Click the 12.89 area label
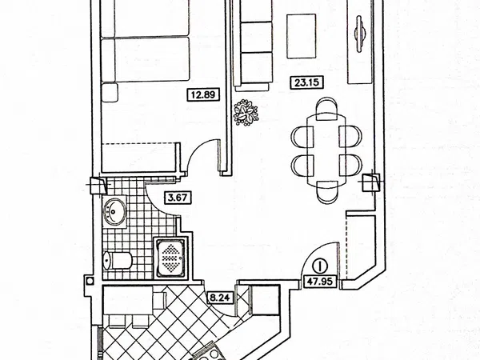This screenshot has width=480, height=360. point(203,94)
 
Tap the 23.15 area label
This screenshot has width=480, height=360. point(306,82)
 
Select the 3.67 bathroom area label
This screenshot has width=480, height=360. point(178,198)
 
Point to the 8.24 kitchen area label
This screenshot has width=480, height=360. point(220,298)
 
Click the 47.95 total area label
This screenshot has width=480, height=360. point(320,282)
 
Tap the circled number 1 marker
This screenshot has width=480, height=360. point(320,266)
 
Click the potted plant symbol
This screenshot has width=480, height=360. point(246,112)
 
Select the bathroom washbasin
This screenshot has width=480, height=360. point(114,211)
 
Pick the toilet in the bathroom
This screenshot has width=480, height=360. point(118,261)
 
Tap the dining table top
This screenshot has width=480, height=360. point(326,150)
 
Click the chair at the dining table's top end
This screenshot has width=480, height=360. point(326,108)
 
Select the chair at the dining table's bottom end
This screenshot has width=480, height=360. point(327,192)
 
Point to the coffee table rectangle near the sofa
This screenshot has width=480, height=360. point(302,36)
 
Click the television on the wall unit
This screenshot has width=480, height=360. point(360,34)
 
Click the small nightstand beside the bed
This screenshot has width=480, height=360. point(110,92)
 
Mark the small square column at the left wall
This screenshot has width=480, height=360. point(90,281)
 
